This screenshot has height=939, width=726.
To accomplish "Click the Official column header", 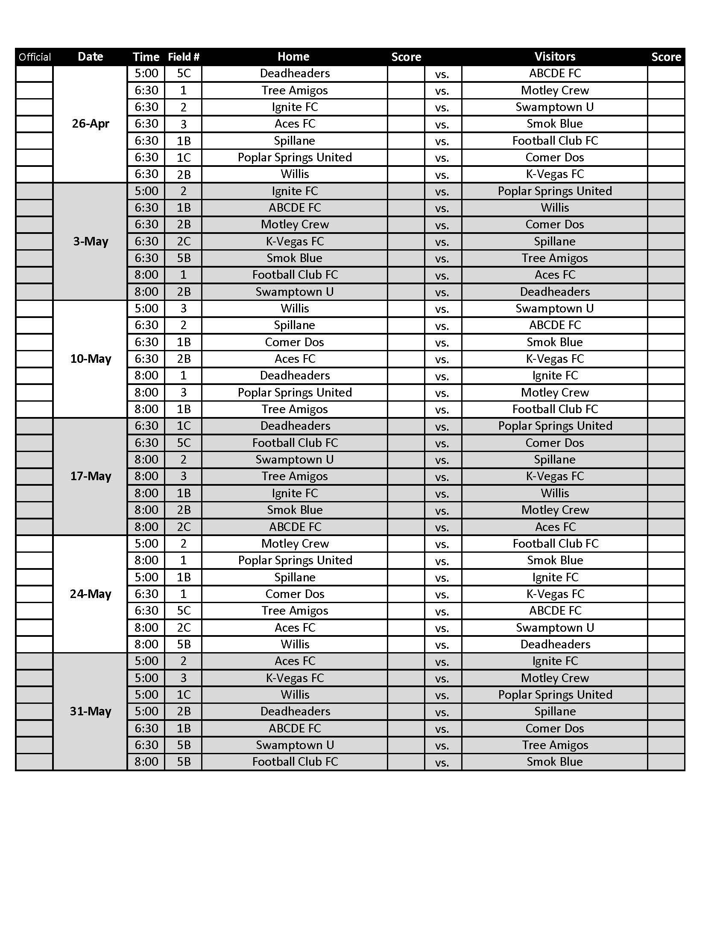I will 35,57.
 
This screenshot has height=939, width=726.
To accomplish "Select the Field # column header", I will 184,57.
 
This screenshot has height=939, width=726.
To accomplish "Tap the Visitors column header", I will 555,57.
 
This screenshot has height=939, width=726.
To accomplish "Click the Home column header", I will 293,57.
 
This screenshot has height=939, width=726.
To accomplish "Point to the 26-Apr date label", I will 90,124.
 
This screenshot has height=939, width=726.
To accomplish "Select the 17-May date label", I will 90,476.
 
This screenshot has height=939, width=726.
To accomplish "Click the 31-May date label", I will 90,711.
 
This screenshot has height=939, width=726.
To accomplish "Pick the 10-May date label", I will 90,359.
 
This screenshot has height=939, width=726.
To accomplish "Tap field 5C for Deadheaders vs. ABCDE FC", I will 184,73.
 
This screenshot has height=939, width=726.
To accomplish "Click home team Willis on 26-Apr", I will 295,174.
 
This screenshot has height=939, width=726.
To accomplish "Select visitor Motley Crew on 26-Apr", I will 555,90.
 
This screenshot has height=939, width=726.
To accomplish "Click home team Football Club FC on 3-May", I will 295,275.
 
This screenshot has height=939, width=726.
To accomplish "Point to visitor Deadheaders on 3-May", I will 555,292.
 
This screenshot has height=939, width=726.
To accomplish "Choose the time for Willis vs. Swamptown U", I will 146,308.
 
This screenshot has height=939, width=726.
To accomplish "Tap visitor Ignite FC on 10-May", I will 555,375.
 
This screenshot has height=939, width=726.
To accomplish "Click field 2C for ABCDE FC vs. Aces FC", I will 184,527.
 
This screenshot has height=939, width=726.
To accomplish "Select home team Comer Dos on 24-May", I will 295,594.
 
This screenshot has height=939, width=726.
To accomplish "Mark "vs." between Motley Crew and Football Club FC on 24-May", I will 442,544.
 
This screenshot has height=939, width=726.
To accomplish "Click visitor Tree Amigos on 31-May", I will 555,745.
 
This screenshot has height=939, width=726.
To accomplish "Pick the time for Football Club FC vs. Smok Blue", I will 146,762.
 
